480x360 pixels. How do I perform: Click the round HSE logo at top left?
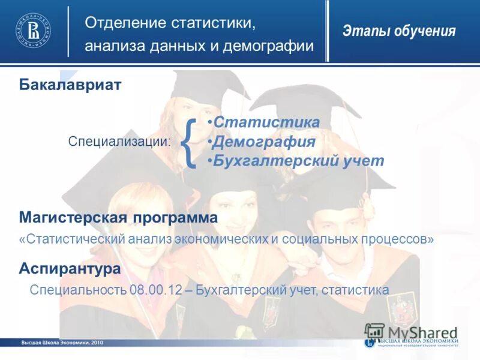coord(33,30)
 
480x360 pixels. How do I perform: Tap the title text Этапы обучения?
coord(399,31)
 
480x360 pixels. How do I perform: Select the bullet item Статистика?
coord(266,122)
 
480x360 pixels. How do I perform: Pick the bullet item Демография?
coord(264,142)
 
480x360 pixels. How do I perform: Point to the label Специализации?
coord(119,142)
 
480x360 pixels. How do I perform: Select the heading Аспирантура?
coord(70,269)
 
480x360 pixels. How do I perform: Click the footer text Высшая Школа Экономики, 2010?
coord(62,342)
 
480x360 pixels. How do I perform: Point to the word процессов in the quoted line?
coord(398,239)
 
